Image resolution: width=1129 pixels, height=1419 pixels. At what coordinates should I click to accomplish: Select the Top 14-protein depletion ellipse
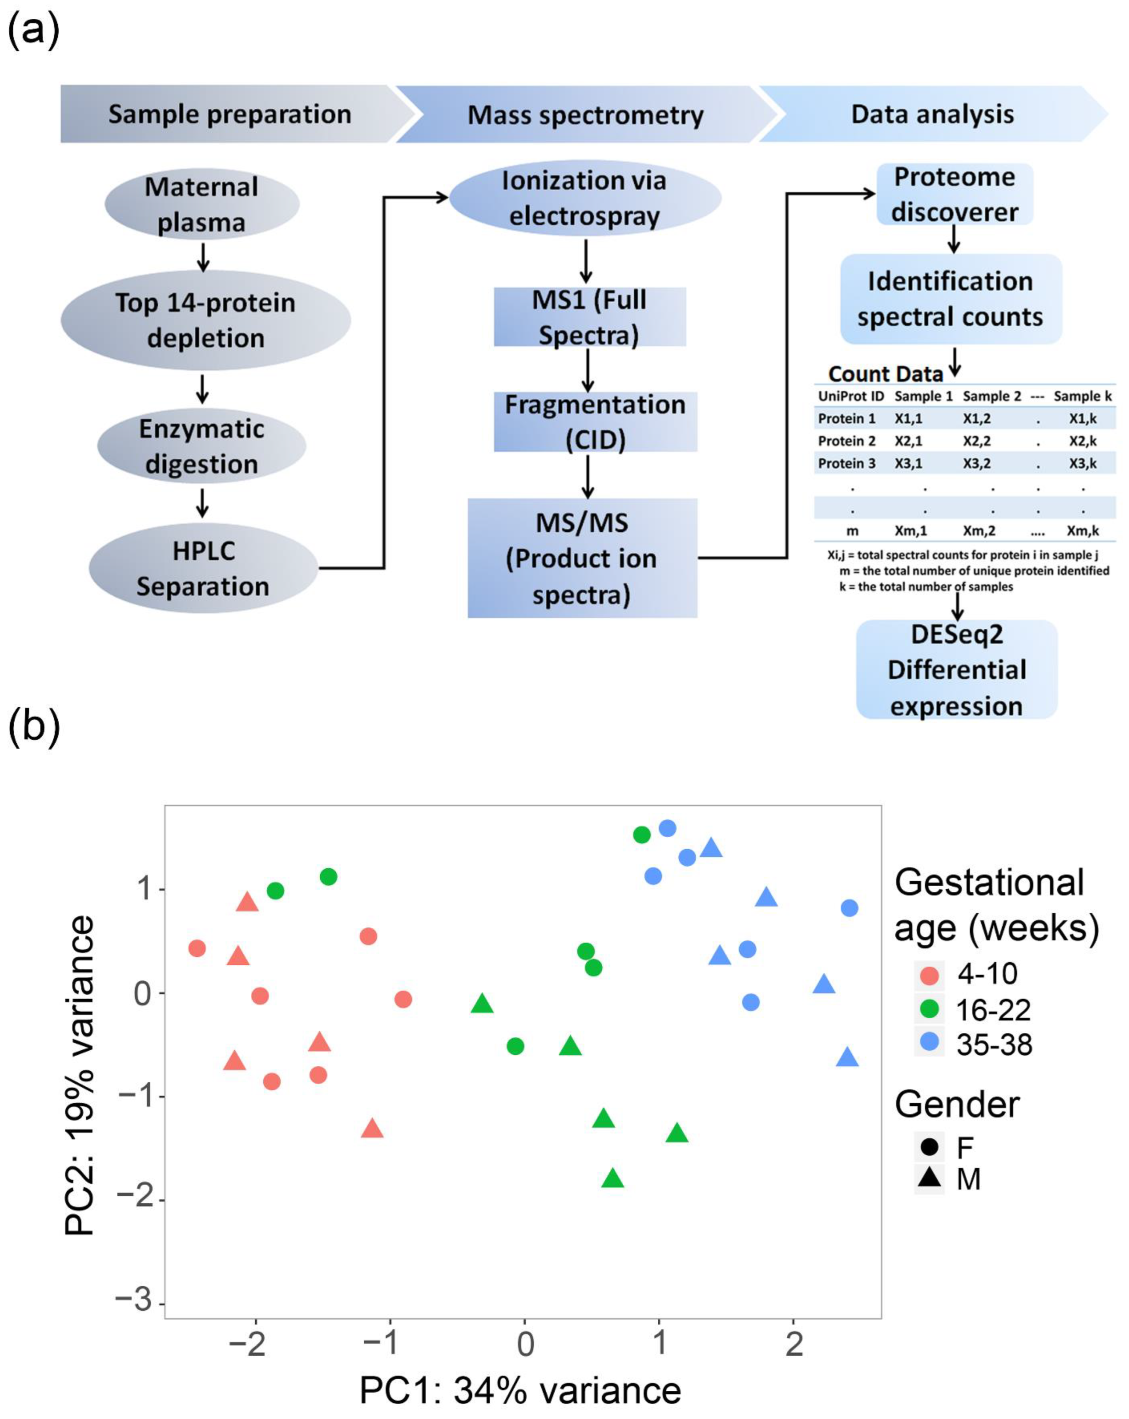[x=205, y=320]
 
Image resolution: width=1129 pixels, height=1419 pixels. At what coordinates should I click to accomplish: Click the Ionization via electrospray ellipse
[x=585, y=198]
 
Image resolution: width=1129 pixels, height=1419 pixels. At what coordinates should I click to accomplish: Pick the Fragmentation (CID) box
[x=595, y=422]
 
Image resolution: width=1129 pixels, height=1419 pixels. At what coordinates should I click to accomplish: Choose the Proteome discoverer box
[x=954, y=194]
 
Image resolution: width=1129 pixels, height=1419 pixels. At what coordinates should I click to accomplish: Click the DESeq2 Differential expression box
[x=956, y=669]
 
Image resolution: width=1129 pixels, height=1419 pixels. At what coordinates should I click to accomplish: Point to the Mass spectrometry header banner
[x=585, y=115]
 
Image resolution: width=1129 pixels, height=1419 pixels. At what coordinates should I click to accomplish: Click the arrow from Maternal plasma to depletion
[x=203, y=257]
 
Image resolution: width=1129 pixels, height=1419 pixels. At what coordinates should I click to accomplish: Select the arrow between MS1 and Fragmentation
[x=588, y=370]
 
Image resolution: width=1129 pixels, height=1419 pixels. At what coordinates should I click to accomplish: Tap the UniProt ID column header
[x=851, y=396]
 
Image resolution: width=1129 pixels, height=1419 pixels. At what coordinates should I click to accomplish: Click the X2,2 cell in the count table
[x=976, y=441]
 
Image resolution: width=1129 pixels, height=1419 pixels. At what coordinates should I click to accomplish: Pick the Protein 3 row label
[x=847, y=463]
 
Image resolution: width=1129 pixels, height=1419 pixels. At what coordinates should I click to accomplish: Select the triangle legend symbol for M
[x=929, y=1176]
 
